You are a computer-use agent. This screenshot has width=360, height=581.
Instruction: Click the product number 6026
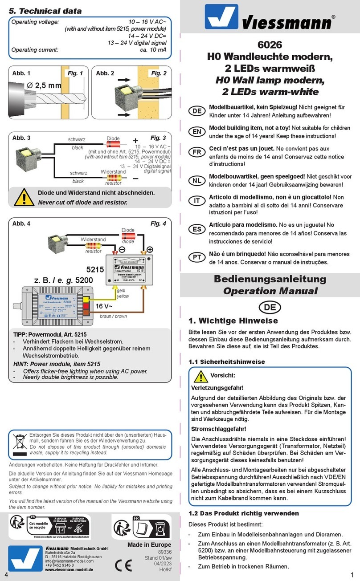coord(270,45)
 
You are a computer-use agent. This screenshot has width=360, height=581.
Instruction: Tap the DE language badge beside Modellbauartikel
coord(196,111)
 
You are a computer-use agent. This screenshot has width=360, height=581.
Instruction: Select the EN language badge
coord(196,132)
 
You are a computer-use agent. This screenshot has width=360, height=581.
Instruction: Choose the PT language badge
coord(196,258)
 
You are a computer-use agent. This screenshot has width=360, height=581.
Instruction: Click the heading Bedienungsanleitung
coord(270,279)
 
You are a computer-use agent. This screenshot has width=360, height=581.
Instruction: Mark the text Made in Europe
coord(149,544)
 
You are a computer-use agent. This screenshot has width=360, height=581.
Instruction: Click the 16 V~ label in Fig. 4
coord(105,306)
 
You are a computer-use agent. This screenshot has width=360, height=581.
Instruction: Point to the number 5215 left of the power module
coord(95,269)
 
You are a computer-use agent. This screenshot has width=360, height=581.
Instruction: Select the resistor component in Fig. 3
coord(113,177)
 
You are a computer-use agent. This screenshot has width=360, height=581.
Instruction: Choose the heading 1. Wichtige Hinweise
coord(233,321)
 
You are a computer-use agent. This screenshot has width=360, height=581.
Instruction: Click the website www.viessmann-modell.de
coord(69,569)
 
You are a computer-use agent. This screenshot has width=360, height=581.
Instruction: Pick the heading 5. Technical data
coord(46,11)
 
